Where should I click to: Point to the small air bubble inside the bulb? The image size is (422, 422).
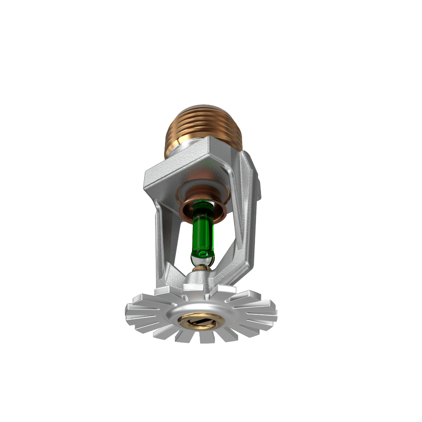coord(202,253)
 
